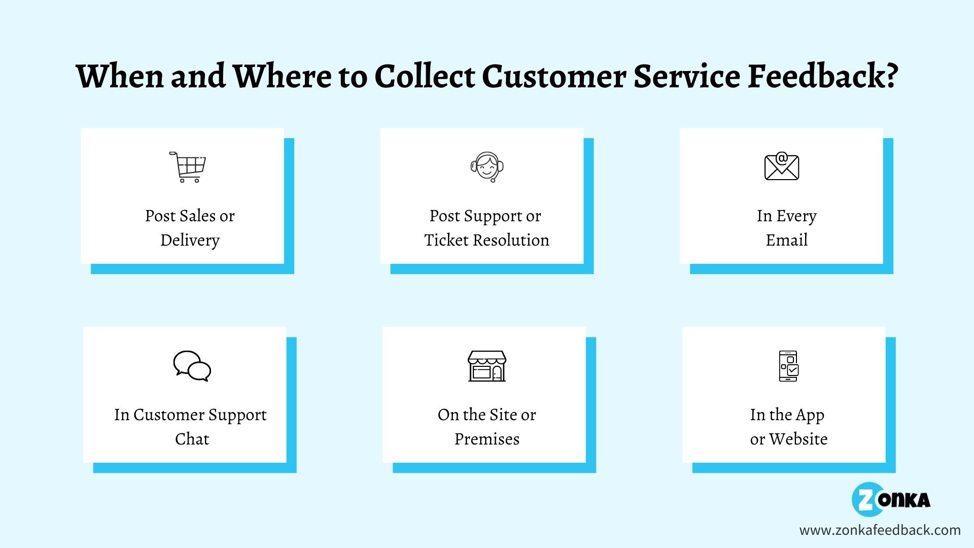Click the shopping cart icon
pyautogui.click(x=188, y=167)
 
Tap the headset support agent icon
pyautogui.click(x=487, y=167)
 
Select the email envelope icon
pyautogui.click(x=782, y=166)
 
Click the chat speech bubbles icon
pyautogui.click(x=192, y=366)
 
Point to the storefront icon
pyautogui.click(x=487, y=366)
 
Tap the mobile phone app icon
pyautogui.click(x=788, y=366)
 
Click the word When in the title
pyautogui.click(x=120, y=76)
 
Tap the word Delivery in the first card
pyautogui.click(x=190, y=240)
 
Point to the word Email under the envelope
pyautogui.click(x=787, y=239)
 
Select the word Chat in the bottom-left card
pyautogui.click(x=192, y=438)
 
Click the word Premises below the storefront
pyautogui.click(x=487, y=438)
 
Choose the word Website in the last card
pyautogui.click(x=798, y=438)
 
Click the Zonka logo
pyautogui.click(x=891, y=499)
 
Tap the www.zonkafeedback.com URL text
pyautogui.click(x=880, y=530)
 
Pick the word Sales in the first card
pyautogui.click(x=203, y=216)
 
